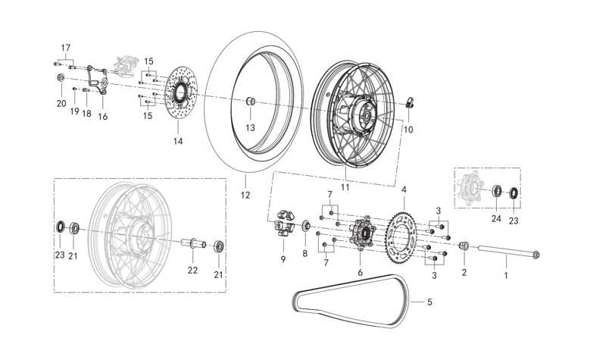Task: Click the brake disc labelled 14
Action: pyautogui.click(x=179, y=98)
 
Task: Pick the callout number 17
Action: pyautogui.click(x=66, y=48)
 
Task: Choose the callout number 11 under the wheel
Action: pyautogui.click(x=346, y=186)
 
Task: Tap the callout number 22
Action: pyautogui.click(x=193, y=271)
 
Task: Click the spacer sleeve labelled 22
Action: pyautogui.click(x=192, y=243)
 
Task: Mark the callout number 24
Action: pyautogui.click(x=496, y=220)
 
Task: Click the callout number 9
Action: pyautogui.click(x=283, y=259)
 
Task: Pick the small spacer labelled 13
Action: pyautogui.click(x=248, y=102)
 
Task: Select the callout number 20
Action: pyautogui.click(x=61, y=104)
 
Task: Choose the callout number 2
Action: pyautogui.click(x=464, y=271)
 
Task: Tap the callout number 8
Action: pyautogui.click(x=305, y=254)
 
